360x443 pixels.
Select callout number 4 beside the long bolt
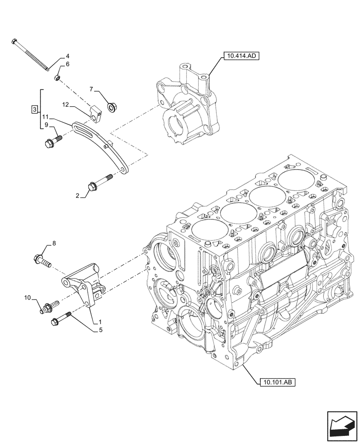tap(67, 56)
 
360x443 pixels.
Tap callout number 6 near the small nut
tap(67, 65)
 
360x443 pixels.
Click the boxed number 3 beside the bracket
tap(34, 109)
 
